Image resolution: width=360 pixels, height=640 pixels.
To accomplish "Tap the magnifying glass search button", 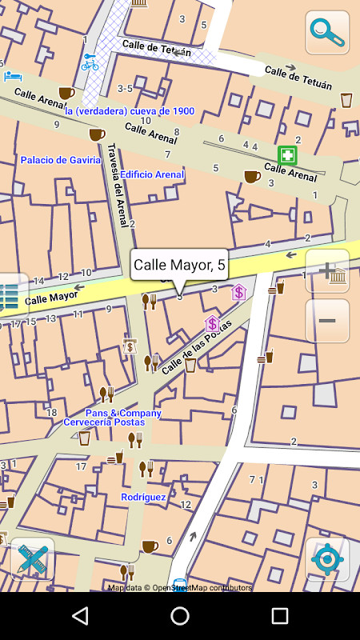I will pos(326,33).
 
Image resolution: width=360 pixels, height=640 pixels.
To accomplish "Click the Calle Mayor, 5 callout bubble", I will pos(179,265).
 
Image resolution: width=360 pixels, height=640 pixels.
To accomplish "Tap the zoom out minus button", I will pos(327,321).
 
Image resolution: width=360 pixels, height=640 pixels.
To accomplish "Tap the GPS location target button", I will pos(327,558).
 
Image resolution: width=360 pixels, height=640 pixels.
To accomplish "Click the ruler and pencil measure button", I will pos(33,558).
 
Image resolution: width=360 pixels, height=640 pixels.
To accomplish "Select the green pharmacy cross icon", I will pos(287,155).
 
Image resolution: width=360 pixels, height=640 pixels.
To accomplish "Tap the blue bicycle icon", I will pos(90,62).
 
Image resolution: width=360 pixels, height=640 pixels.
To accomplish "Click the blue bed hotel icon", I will pos(13,76).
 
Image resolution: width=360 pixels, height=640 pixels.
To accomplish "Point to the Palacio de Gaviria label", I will pos(61,160).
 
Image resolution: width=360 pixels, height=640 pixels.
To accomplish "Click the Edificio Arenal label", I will pos(152,174).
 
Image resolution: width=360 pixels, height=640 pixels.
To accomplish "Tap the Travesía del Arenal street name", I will pos(118,184).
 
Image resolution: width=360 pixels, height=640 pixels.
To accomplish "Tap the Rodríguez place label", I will pos(143,497).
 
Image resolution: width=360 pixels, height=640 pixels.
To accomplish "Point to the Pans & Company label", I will pos(123,413).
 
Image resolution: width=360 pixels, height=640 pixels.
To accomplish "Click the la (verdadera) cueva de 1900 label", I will pos(130,111).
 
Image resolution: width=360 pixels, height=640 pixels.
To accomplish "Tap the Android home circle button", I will pos(180,615).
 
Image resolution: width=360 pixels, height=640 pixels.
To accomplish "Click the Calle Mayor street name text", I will pos(51,298).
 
